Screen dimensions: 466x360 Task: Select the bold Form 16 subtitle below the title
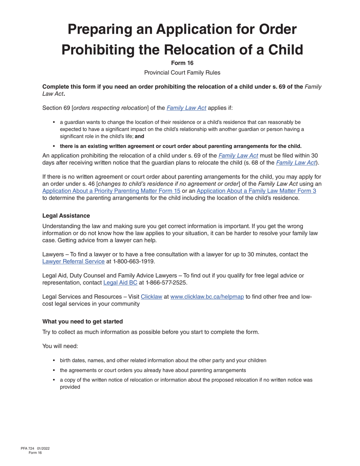click(182, 63)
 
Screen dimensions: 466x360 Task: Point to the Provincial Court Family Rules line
click(182, 72)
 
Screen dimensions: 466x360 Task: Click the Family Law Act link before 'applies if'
click(186, 108)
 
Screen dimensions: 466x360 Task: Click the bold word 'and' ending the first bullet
click(139, 136)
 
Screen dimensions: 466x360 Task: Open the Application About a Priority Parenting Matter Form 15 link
click(111, 191)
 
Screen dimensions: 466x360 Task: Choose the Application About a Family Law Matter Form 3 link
click(256, 191)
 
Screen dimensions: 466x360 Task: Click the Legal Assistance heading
click(66, 216)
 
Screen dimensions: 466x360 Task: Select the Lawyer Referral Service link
click(73, 261)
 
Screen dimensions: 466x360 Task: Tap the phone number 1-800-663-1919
click(134, 261)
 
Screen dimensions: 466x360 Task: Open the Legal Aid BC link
click(120, 283)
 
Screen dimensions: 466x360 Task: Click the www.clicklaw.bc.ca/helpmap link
click(207, 297)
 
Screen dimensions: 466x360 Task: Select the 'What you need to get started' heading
click(83, 321)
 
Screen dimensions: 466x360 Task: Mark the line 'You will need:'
click(60, 346)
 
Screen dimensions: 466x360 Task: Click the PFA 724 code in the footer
click(28, 449)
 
